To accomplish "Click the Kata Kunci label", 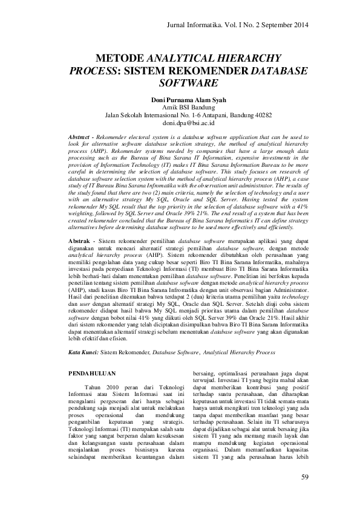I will pyautogui.click(x=82, y=351).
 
